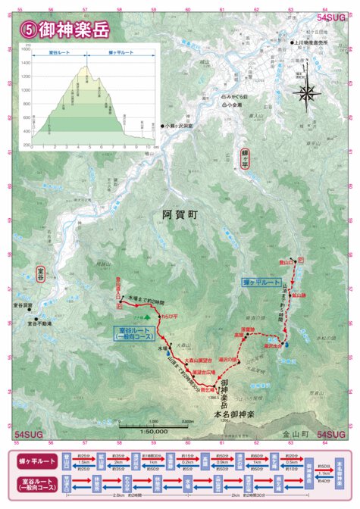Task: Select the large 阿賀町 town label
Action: (x=180, y=215)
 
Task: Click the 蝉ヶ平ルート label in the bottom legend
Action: (x=36, y=461)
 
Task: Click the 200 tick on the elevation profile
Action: (x=27, y=145)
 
